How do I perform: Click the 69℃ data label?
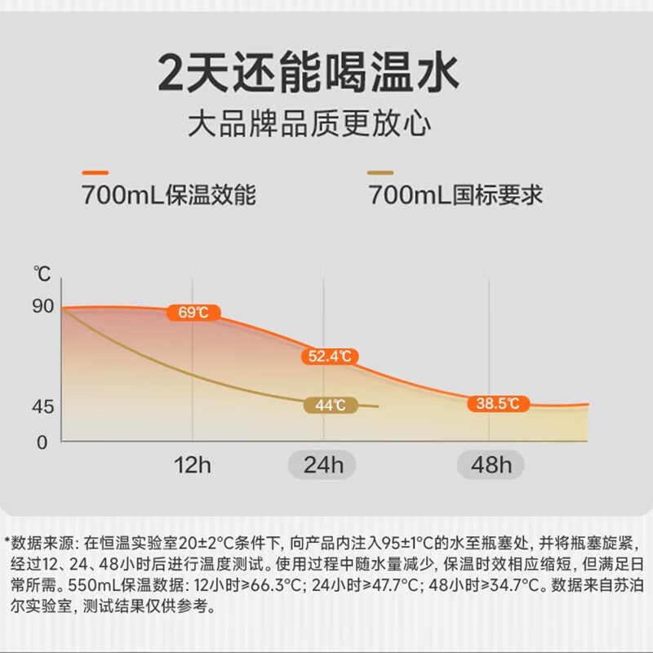coord(193,313)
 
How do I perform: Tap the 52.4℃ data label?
coord(330,356)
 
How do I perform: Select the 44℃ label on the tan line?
coord(330,404)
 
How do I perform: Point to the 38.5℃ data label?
coord(498,403)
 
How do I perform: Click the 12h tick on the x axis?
coord(193,466)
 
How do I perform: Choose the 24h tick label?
coord(324,466)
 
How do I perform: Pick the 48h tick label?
coord(490,466)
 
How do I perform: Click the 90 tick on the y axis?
coord(43,306)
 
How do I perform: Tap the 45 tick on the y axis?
coord(43,406)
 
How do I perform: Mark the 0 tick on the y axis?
coord(43,442)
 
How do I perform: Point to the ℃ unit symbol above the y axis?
coord(42,273)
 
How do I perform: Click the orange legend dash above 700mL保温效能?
coord(96,172)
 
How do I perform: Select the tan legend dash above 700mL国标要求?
coord(380,172)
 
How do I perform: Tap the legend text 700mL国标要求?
coord(455,196)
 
